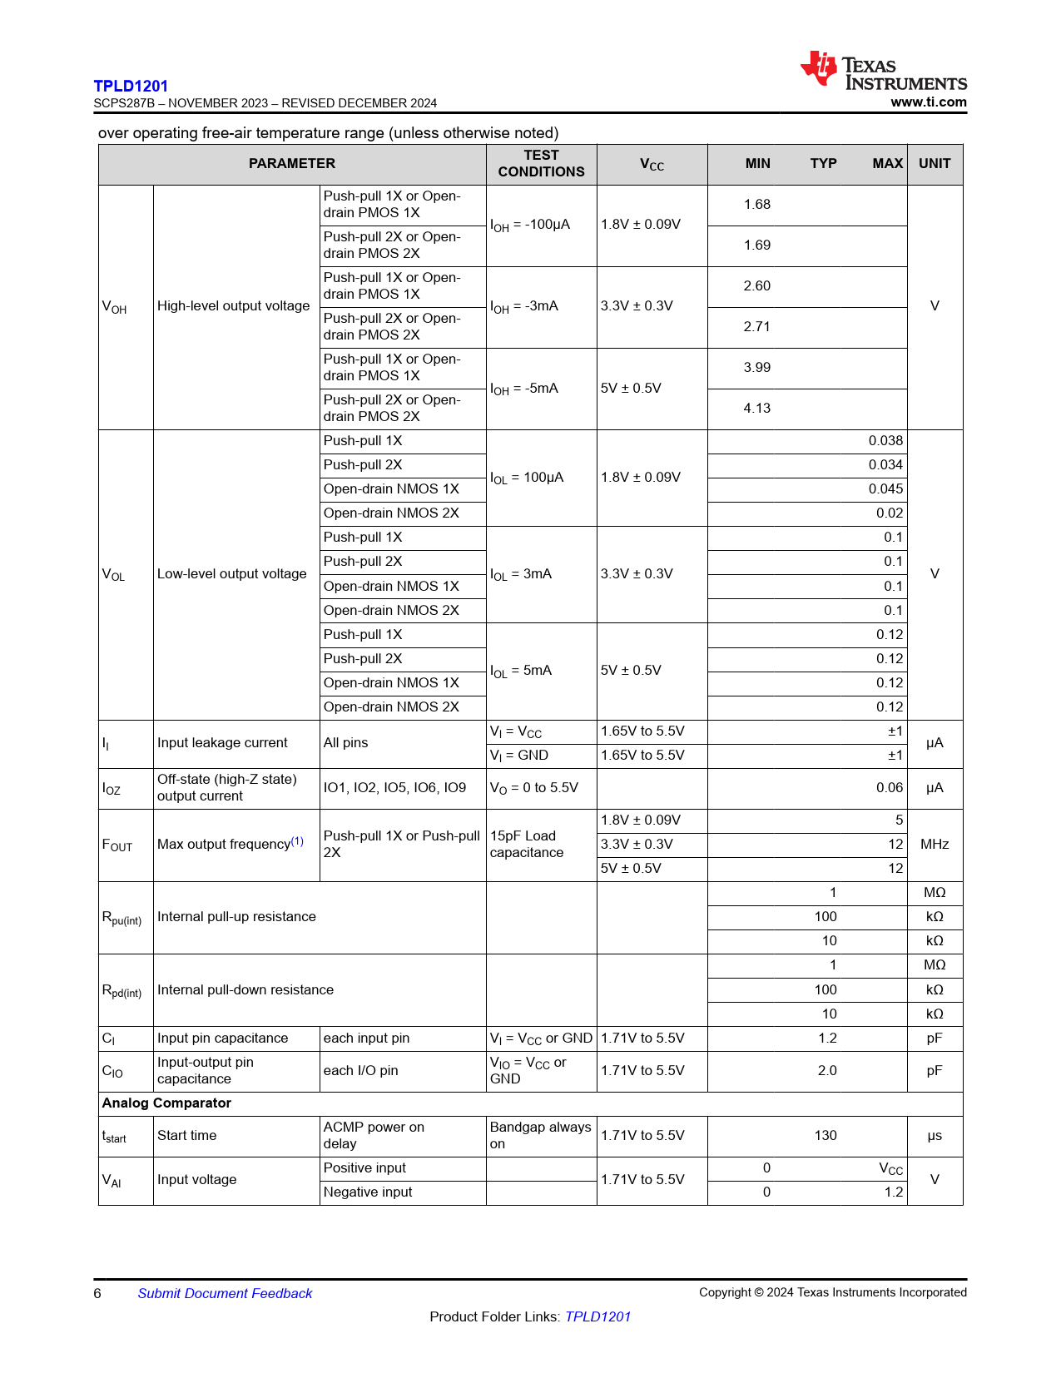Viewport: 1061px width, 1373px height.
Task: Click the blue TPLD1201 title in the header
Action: [131, 86]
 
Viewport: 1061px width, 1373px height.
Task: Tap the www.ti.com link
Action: [928, 102]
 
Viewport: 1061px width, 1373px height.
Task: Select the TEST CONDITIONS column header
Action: [541, 164]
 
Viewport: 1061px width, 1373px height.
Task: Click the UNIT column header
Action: [934, 164]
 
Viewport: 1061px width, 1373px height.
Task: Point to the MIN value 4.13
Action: [756, 409]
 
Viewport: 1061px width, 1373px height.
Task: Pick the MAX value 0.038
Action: [885, 441]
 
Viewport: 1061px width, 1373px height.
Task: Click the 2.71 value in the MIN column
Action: [756, 327]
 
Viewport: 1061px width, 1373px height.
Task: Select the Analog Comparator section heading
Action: [166, 1103]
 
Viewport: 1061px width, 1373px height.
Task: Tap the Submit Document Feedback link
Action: [225, 1294]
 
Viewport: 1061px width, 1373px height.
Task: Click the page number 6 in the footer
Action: [97, 1294]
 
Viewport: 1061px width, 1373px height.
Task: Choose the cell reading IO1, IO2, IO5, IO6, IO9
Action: [394, 788]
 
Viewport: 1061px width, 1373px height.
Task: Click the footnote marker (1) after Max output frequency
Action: [297, 841]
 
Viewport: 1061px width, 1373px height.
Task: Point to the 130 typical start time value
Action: [825, 1136]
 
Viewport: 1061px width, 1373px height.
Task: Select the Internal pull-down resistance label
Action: [245, 990]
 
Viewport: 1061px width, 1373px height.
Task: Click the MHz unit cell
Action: [934, 845]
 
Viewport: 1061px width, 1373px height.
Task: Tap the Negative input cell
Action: [368, 1192]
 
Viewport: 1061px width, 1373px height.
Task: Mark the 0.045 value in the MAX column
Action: [885, 489]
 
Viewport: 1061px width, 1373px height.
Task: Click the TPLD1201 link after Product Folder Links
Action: [597, 1317]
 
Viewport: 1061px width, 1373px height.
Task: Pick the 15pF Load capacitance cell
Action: [526, 845]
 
